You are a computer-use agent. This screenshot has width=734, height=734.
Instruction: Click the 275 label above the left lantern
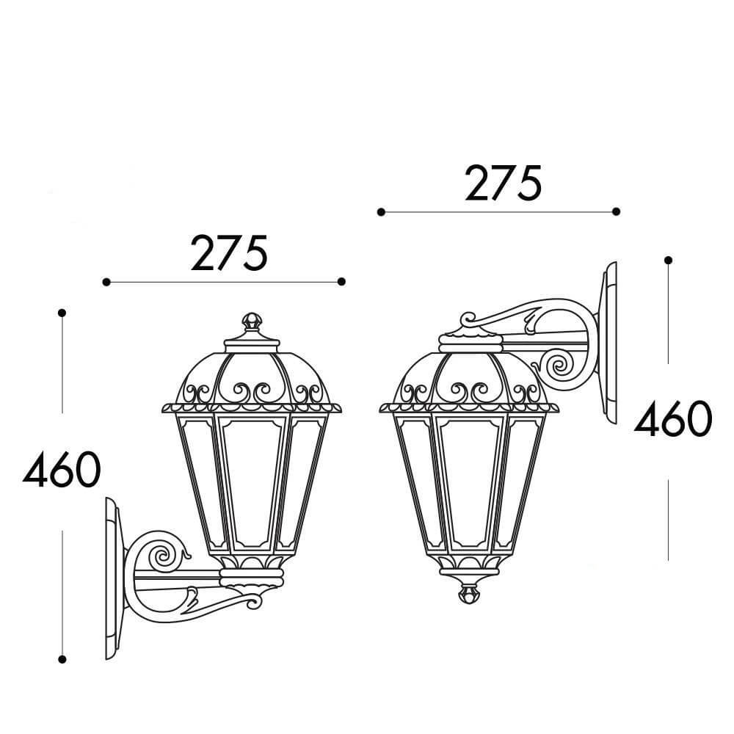pos(229,253)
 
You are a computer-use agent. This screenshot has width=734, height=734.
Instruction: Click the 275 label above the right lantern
pos(504,183)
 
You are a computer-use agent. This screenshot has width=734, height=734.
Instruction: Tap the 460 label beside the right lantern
pos(673,418)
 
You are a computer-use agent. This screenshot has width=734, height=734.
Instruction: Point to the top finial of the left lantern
pos(252,321)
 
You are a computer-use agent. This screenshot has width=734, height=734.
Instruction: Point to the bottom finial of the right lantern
pos(468,592)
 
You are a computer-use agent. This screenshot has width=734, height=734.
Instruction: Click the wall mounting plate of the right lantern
pos(608,343)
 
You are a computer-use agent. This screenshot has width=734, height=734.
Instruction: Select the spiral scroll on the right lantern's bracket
pos(560,365)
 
